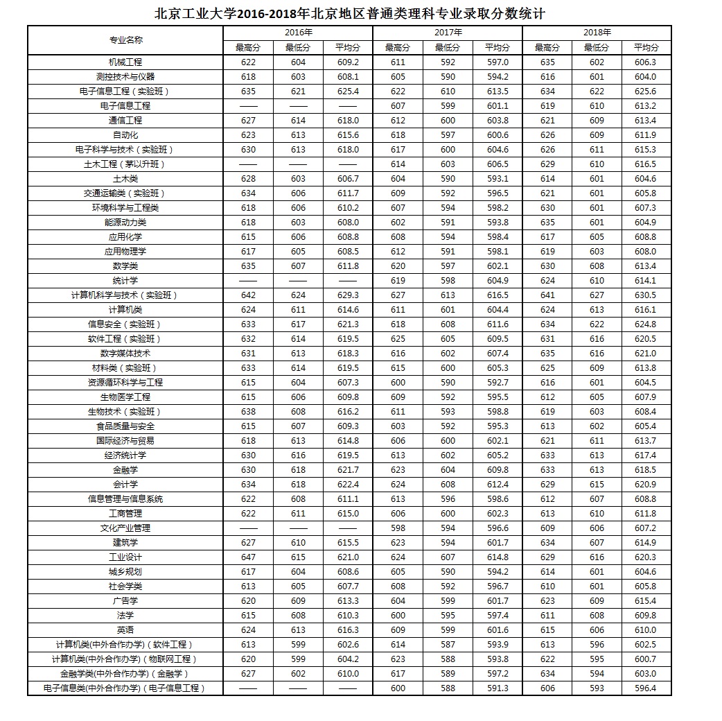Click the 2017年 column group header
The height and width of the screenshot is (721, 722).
point(447,33)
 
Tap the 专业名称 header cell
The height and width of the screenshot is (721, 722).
point(125,40)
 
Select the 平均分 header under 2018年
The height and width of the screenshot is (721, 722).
point(646,48)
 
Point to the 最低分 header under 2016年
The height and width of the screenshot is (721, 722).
point(297,48)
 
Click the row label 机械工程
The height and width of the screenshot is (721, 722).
point(125,62)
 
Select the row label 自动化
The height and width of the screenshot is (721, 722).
point(125,135)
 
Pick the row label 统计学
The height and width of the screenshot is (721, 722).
point(125,281)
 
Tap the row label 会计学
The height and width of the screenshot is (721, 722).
point(125,485)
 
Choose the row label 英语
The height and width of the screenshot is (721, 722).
point(125,630)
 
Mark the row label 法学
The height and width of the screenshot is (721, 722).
point(125,616)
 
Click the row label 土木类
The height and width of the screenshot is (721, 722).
point(125,179)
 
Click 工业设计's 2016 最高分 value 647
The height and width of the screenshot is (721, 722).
point(248,557)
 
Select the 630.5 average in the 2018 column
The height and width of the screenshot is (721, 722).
point(646,295)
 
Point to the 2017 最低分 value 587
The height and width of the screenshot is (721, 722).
point(448,645)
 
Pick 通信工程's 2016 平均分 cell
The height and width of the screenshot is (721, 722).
point(347,121)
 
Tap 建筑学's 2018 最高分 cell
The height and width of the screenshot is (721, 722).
point(547,543)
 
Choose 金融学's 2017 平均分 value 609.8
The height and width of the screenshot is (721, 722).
point(497,470)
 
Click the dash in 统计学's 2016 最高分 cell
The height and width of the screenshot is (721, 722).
point(248,281)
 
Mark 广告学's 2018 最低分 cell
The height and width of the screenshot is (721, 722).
point(597,601)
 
